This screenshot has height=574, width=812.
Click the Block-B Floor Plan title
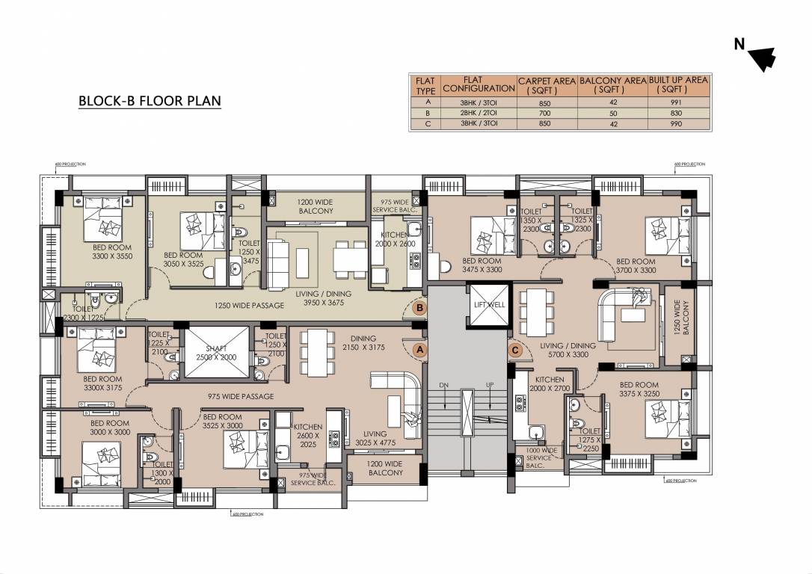click(x=150, y=101)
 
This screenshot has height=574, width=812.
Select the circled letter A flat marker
click(x=419, y=348)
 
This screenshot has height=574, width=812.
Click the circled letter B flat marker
click(x=420, y=307)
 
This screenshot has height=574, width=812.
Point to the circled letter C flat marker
click(x=514, y=348)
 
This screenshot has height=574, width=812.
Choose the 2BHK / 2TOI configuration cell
click(x=479, y=112)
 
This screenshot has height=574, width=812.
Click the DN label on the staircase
click(x=443, y=384)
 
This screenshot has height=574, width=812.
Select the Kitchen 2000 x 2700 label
click(x=550, y=384)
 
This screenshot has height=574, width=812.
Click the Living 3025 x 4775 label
click(x=374, y=438)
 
